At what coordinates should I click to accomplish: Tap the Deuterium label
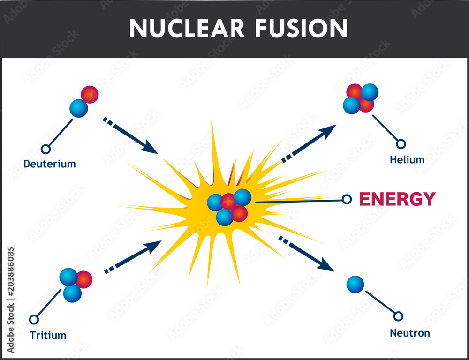(x=50, y=164)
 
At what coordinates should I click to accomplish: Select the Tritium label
(x=48, y=335)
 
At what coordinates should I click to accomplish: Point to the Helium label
(x=407, y=160)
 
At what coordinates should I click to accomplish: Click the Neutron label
(x=409, y=333)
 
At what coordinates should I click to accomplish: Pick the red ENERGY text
(x=397, y=199)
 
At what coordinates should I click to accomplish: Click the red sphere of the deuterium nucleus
(x=89, y=95)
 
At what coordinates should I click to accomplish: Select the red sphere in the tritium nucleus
(x=84, y=279)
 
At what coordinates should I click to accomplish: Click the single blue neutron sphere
(x=355, y=284)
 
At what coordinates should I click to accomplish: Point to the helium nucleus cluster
(x=360, y=98)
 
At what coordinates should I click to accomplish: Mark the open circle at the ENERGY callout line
(x=347, y=199)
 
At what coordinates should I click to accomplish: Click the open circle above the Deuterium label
(x=45, y=149)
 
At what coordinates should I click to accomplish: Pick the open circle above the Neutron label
(x=398, y=316)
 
